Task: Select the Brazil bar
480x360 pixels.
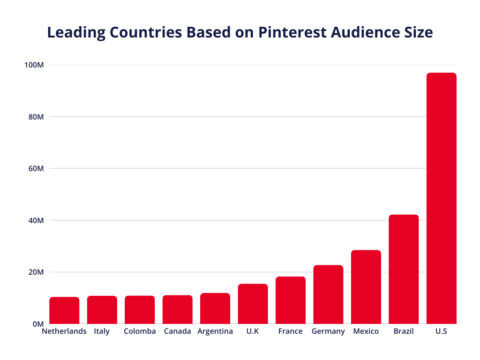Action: (404, 269)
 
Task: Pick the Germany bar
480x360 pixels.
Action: (328, 294)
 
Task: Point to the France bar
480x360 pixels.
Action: (290, 300)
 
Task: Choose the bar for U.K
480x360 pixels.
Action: (253, 304)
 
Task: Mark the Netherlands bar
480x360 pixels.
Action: (64, 310)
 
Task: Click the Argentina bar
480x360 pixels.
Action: (215, 308)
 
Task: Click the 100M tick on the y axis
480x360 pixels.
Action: (34, 65)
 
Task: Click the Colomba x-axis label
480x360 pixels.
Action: (140, 331)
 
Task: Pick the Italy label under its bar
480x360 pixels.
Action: (102, 331)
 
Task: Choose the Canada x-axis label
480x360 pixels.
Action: (178, 331)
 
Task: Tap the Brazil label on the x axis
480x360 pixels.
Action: (404, 331)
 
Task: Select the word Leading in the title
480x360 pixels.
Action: (75, 33)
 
